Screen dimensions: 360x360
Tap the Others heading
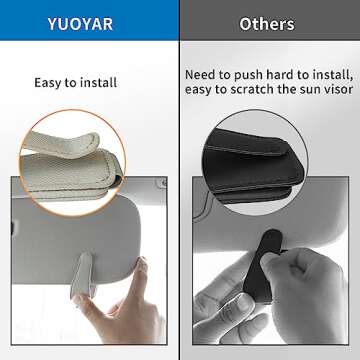[267, 22]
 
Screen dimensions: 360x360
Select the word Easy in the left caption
[50, 84]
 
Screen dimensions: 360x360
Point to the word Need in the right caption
[204, 75]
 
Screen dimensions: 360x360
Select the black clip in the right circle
[270, 150]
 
